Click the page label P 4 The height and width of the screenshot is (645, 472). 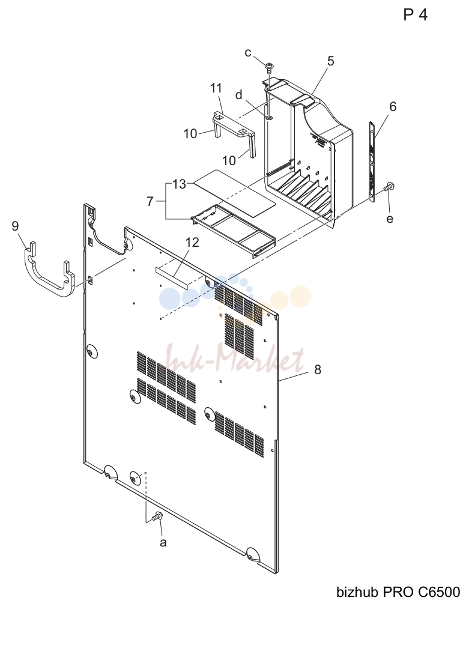point(416,15)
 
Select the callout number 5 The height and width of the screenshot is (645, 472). point(330,61)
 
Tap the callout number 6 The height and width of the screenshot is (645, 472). point(393,106)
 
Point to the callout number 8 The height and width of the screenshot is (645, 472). point(318,369)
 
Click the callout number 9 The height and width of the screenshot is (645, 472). point(15,226)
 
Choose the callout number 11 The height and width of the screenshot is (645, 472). point(216,88)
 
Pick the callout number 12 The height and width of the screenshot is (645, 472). point(192,242)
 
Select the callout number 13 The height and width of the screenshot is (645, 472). point(180,184)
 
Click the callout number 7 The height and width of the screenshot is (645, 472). point(150,201)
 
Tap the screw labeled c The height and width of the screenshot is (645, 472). point(270,67)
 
